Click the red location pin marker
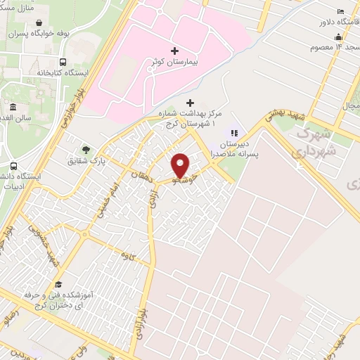(181, 165)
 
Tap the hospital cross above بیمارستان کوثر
(175, 51)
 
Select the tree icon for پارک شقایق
(86, 150)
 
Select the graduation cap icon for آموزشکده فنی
(59, 284)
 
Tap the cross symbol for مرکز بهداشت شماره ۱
(190, 103)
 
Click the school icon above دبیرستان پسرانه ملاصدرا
(233, 131)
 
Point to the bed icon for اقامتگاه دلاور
(341, 11)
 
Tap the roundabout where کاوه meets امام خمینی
(84, 233)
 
